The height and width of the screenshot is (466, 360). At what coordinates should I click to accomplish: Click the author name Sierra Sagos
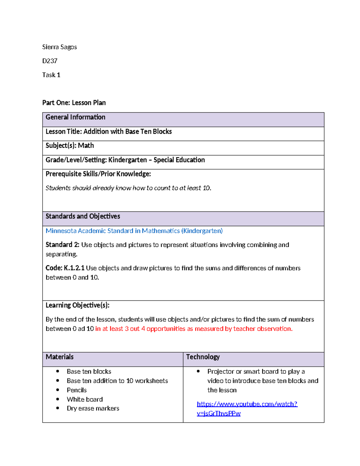59,47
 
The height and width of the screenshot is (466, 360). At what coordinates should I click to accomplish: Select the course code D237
50,61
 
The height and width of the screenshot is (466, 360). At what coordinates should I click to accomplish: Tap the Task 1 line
51,75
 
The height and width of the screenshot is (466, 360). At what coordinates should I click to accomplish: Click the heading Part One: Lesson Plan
74,103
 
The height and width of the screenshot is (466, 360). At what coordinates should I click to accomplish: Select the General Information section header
75,117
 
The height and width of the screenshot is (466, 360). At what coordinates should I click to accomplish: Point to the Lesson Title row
109,131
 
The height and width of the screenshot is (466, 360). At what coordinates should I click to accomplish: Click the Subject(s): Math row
70,146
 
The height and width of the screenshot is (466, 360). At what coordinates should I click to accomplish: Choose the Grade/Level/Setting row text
125,160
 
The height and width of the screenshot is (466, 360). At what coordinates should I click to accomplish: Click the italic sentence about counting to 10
128,188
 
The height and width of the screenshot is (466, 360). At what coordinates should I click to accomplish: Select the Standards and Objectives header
83,216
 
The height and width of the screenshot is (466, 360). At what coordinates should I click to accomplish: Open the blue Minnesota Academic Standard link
134,231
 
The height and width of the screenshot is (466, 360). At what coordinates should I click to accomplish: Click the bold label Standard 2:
62,245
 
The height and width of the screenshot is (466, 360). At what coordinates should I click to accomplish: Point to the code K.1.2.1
74,268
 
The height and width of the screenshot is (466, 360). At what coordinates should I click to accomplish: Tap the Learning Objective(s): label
77,305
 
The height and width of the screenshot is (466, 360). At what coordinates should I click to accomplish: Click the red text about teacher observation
194,329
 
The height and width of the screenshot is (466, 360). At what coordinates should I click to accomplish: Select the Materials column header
59,357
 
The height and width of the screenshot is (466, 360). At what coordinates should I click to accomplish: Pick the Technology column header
203,357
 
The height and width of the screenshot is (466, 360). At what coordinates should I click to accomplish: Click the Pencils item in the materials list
77,390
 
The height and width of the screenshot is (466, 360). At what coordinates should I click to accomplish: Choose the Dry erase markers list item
93,408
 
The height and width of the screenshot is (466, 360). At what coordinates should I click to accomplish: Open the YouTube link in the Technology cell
247,404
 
